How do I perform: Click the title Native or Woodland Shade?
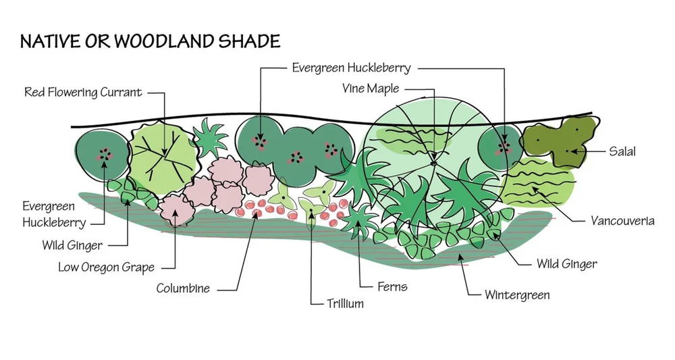pyautogui.click(x=150, y=42)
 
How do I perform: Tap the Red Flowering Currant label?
pyautogui.click(x=84, y=93)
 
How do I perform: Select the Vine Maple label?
pyautogui.click(x=369, y=89)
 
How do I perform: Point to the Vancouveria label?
pyautogui.click(x=622, y=221)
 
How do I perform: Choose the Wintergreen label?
pyautogui.click(x=517, y=295)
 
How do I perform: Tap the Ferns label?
pyautogui.click(x=393, y=286)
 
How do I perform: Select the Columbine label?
pyautogui.click(x=183, y=289)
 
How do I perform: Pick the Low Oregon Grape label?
pyautogui.click(x=106, y=267)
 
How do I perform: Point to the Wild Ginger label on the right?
pyautogui.click(x=566, y=263)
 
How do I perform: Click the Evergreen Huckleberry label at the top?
pyautogui.click(x=351, y=68)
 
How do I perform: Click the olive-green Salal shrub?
pyautogui.click(x=560, y=142)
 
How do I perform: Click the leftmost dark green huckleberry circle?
pyautogui.click(x=102, y=155)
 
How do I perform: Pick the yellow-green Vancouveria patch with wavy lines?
pyautogui.click(x=540, y=183)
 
